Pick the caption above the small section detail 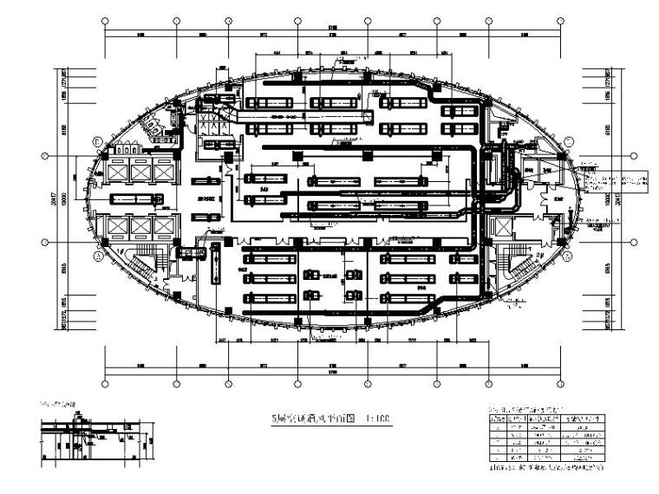click(59, 406)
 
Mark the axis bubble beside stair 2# click(568, 257)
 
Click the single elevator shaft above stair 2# click(502, 227)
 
